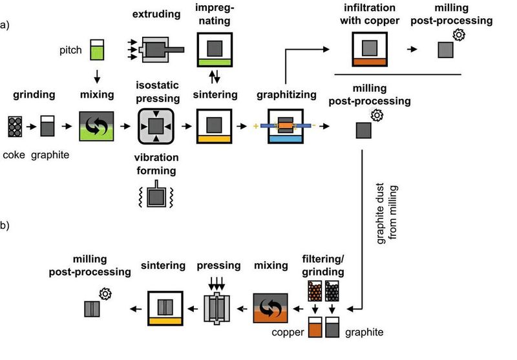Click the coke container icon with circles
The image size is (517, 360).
click(x=16, y=126)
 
